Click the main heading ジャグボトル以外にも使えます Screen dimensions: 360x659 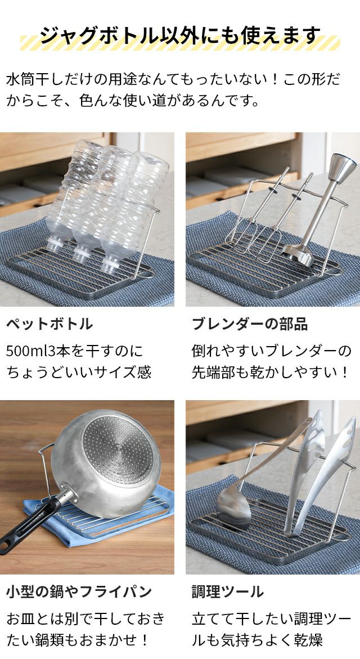click(x=180, y=35)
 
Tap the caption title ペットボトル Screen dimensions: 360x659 click(x=49, y=324)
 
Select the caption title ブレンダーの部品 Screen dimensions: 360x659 click(x=250, y=324)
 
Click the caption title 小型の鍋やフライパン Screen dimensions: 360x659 click(x=79, y=592)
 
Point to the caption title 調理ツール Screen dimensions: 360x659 click(x=228, y=592)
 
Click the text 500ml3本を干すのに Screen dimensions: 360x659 click(x=75, y=351)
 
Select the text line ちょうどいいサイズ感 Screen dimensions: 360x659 click(x=79, y=373)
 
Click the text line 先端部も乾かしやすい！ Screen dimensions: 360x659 click(x=271, y=373)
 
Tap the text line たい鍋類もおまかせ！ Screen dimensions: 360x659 click(x=78, y=640)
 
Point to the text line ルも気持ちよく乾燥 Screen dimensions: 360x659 click(x=258, y=640)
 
